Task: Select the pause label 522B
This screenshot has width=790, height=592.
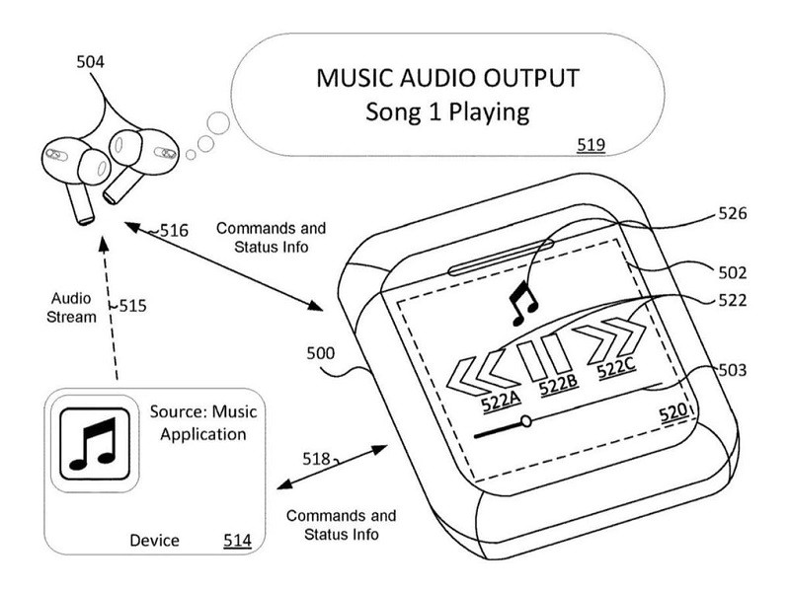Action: click(x=558, y=389)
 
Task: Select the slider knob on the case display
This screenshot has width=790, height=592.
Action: click(x=525, y=421)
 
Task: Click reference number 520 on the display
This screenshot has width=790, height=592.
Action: click(x=671, y=414)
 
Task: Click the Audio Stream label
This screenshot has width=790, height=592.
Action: click(x=75, y=308)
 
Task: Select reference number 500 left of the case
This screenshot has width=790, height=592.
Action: click(x=321, y=352)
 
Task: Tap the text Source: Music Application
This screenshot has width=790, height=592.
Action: click(x=197, y=421)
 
